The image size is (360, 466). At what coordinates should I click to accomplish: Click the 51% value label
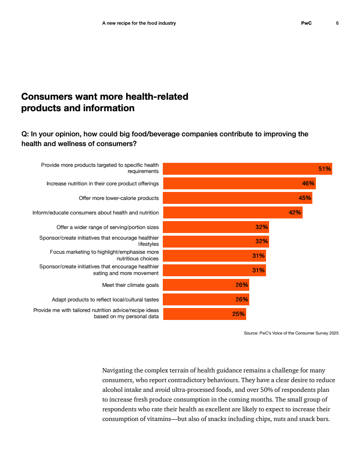click(x=325, y=169)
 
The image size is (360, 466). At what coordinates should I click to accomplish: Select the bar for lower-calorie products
click(x=238, y=198)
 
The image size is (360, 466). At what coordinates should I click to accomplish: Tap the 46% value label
click(x=308, y=184)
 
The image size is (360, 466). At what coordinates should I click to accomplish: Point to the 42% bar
click(x=233, y=213)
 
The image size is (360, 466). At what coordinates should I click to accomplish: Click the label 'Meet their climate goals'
click(x=131, y=285)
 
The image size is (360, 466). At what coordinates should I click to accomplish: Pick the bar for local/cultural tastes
click(x=206, y=300)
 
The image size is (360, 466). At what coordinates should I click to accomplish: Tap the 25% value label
click(x=239, y=314)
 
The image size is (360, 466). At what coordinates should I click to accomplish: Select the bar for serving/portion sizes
click(x=216, y=227)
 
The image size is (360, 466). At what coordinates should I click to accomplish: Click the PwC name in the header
click(x=306, y=23)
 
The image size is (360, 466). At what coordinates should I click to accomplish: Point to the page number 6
click(x=337, y=23)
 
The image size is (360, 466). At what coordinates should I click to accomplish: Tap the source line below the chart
click(x=291, y=333)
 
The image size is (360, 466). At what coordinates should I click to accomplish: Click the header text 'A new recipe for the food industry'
click(x=139, y=23)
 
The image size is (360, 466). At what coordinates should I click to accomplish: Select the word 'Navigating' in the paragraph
click(x=117, y=371)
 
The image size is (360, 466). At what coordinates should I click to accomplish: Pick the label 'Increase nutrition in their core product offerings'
click(x=102, y=184)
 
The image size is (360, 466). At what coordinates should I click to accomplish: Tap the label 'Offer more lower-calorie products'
click(x=119, y=198)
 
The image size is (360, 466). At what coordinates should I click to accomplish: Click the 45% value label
click(x=305, y=198)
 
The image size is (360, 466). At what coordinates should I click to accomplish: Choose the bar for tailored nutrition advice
click(x=205, y=314)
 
